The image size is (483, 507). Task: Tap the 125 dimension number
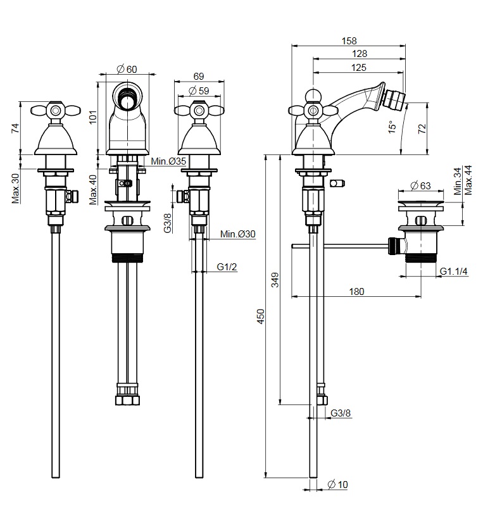coord(359,67)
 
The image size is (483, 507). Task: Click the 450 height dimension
coord(260,316)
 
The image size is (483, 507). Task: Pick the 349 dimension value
coord(275,280)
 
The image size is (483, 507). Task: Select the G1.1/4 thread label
coord(453,272)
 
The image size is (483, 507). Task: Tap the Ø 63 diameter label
coord(420,185)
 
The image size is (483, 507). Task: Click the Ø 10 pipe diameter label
coord(338,485)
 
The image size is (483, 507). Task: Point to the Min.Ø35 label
coord(168,161)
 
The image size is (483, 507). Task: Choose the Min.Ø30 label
coord(238,234)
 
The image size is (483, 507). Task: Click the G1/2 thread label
coord(227,266)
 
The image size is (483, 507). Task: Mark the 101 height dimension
coord(92,118)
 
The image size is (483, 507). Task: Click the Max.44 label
coord(468,180)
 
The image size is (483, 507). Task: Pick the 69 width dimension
coord(198,76)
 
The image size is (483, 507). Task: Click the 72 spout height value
coord(423,128)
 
